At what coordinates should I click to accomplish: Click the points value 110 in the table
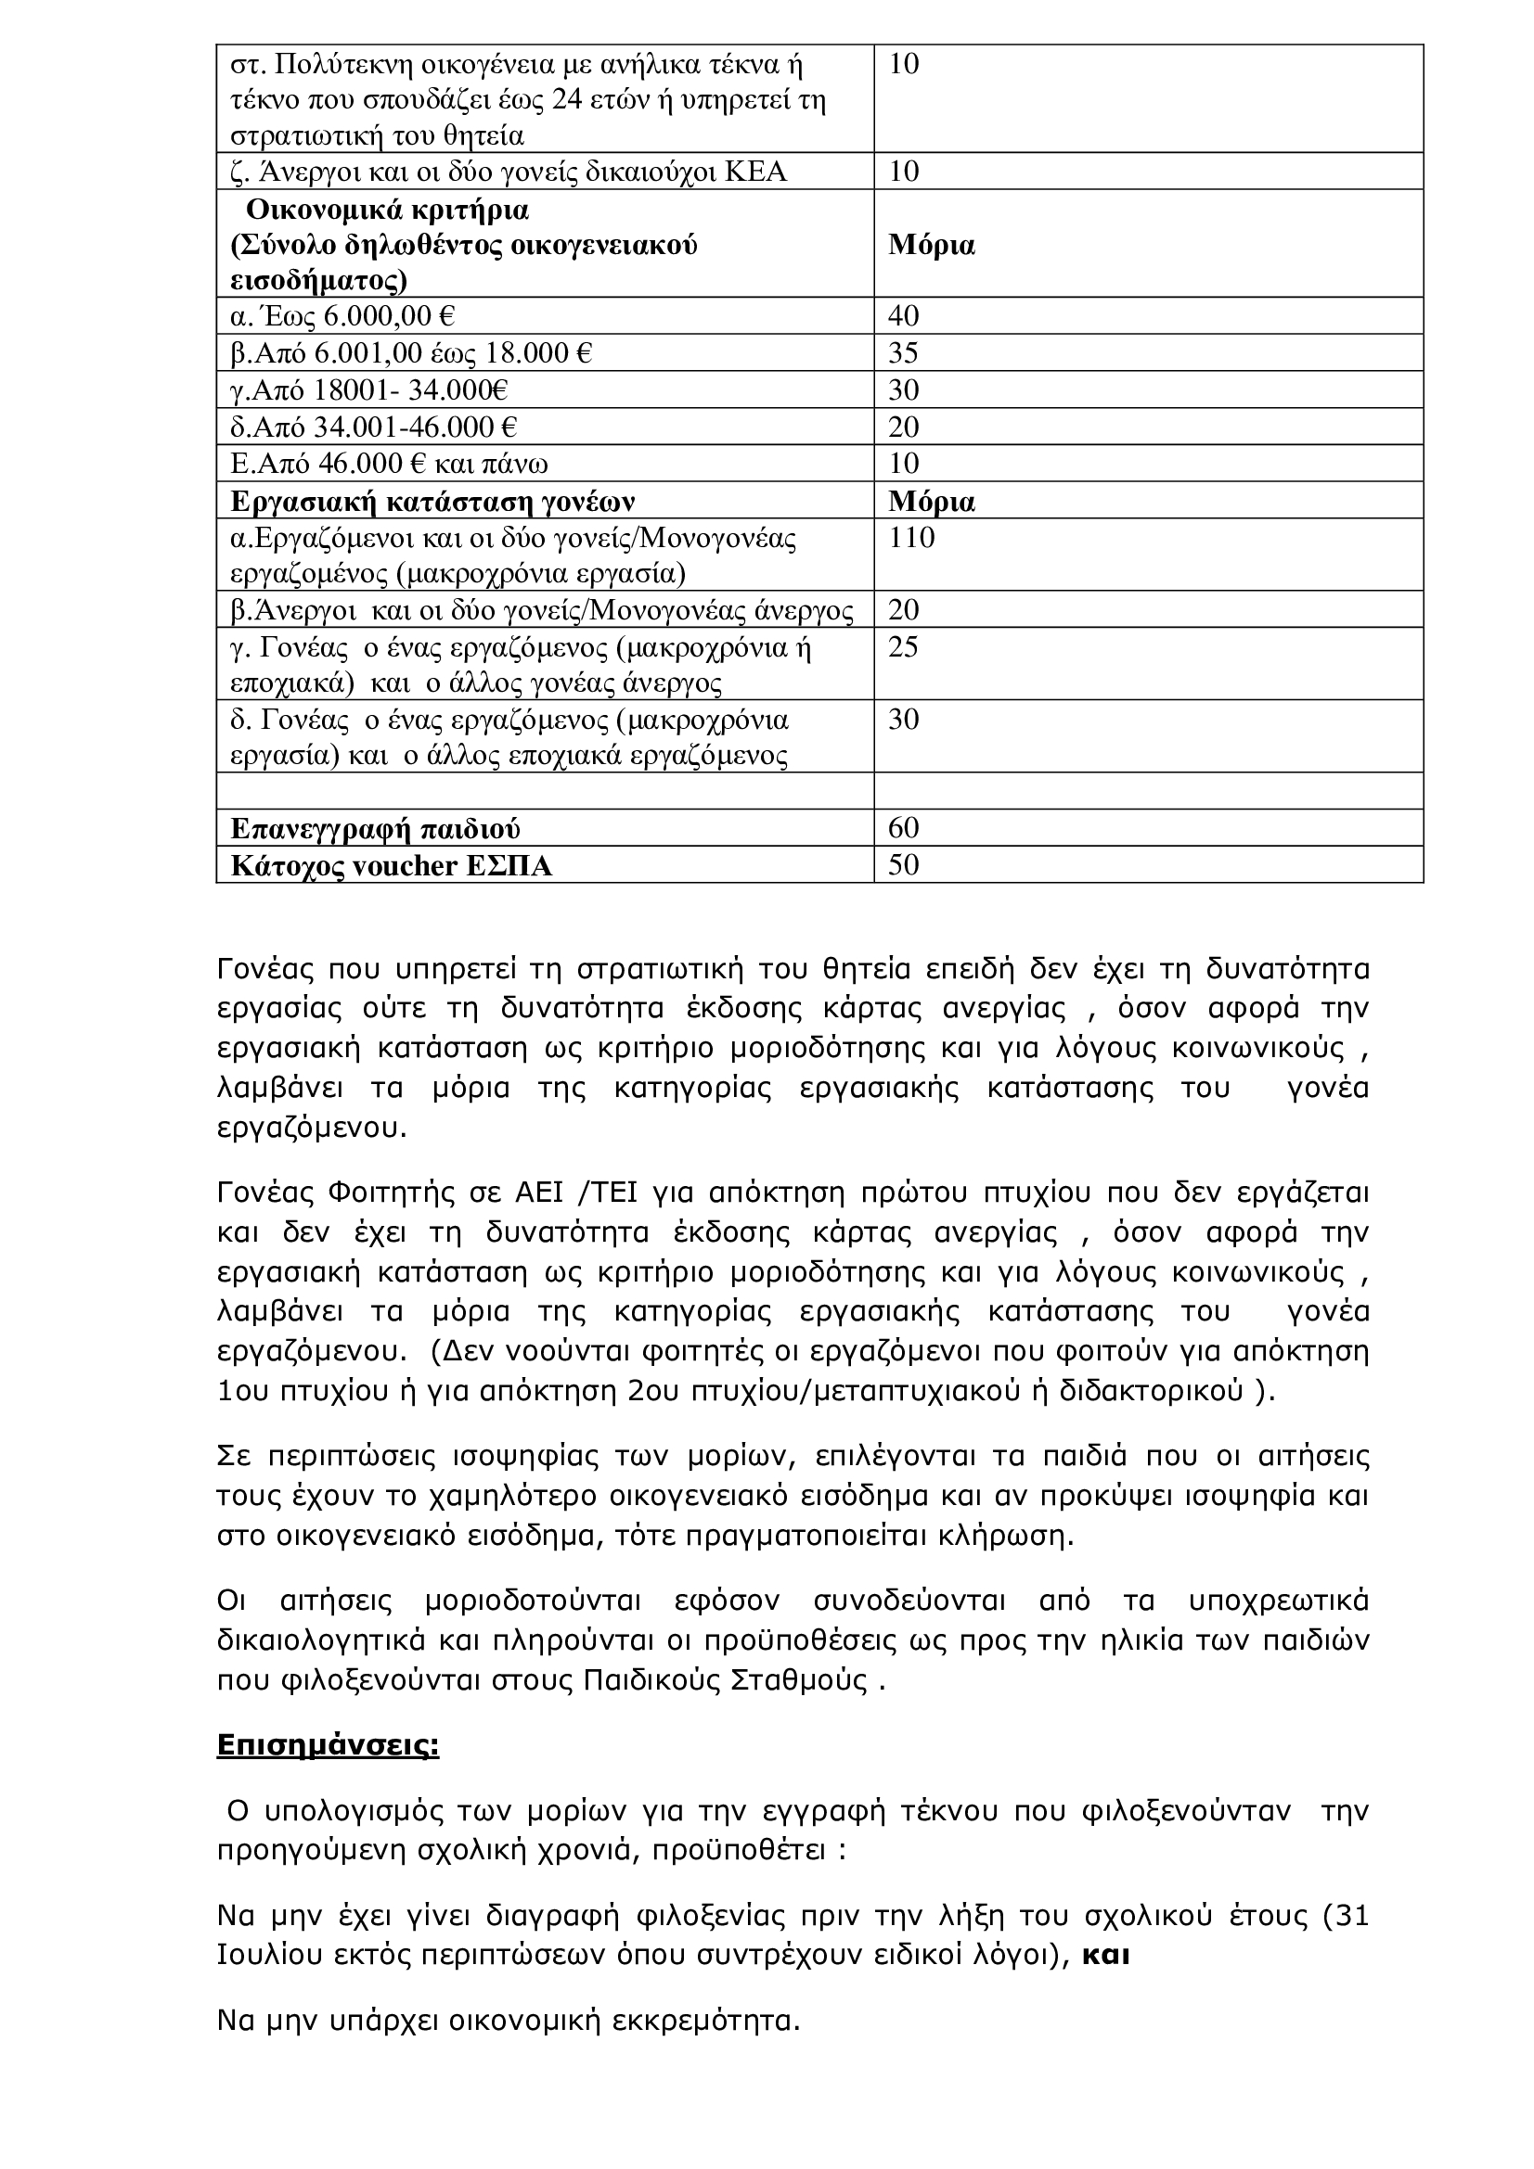point(911,538)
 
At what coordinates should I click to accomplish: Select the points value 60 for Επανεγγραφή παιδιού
point(904,827)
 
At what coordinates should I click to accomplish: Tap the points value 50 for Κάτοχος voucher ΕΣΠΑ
point(904,864)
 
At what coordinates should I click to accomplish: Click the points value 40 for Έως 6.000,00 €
point(904,315)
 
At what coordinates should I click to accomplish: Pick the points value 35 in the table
point(904,352)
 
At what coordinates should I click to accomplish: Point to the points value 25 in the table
point(904,647)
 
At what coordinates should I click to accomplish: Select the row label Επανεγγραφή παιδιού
point(375,828)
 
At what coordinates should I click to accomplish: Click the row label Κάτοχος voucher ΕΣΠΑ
point(392,865)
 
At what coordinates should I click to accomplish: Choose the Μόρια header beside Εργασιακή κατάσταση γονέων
point(931,501)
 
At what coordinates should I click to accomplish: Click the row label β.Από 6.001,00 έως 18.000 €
point(411,353)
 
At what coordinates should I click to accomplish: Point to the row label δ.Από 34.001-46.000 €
point(373,427)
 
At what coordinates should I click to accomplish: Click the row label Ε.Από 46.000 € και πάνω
point(390,464)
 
